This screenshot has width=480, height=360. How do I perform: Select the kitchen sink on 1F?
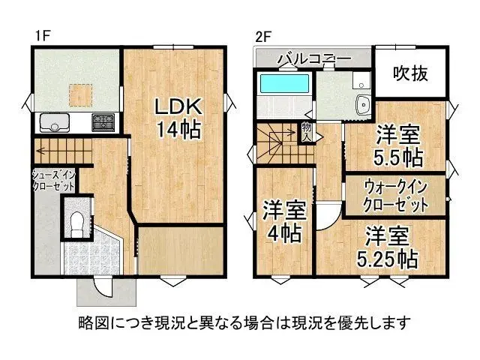pos(53,123)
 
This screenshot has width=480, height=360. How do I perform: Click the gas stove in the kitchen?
pos(103,122)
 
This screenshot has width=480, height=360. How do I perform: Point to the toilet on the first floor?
pos(76,220)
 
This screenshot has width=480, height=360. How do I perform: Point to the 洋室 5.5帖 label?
pos(397,146)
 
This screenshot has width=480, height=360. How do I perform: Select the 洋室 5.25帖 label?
pos(386,247)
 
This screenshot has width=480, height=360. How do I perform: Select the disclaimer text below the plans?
pos(244,323)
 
